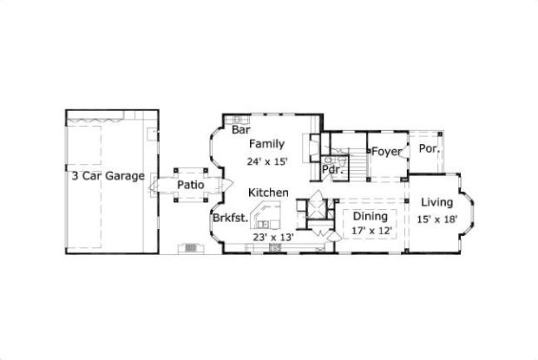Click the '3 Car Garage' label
click(x=108, y=175)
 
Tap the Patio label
click(x=191, y=185)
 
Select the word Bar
click(x=240, y=130)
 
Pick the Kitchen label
click(x=268, y=193)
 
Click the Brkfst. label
click(x=231, y=219)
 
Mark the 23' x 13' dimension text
click(x=273, y=237)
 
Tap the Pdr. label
click(x=331, y=170)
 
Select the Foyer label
click(x=387, y=152)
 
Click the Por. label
click(x=429, y=148)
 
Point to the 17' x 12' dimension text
click(x=372, y=231)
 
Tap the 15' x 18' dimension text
click(x=436, y=219)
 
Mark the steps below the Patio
click(x=190, y=248)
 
